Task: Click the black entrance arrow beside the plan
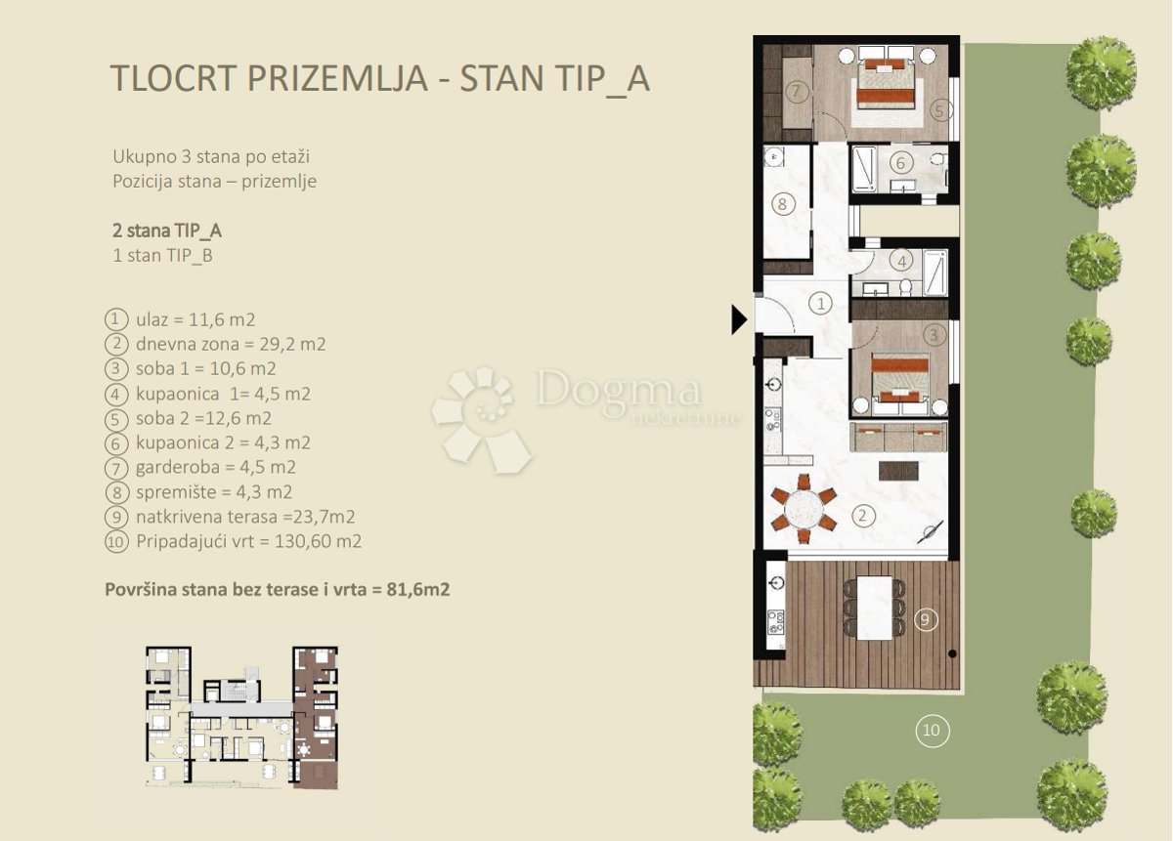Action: (x=739, y=319)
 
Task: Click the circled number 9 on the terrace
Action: (x=927, y=618)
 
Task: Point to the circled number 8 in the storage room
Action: (x=781, y=204)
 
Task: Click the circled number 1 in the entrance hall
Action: (x=821, y=304)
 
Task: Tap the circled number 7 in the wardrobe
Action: (x=798, y=92)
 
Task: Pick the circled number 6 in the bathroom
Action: (x=901, y=164)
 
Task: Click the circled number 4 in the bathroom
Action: (x=903, y=261)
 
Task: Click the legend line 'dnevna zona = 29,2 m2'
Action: (x=230, y=344)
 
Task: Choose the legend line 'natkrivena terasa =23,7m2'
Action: (x=244, y=517)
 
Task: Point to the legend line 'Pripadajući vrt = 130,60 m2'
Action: (x=248, y=541)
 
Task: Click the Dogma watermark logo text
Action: (x=618, y=391)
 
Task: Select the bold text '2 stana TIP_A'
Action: (x=167, y=231)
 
